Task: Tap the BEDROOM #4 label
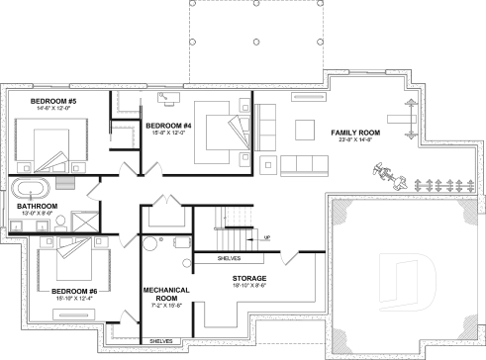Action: pyautogui.click(x=167, y=126)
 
